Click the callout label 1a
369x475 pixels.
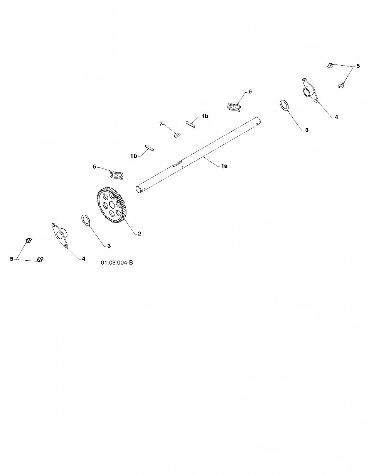pyautogui.click(x=224, y=166)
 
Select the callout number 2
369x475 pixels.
pyautogui.click(x=140, y=234)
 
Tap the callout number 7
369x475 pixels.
pyautogui.click(x=161, y=124)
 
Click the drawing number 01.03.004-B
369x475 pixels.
pyautogui.click(x=117, y=263)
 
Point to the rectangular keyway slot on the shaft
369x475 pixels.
pyautogui.click(x=177, y=164)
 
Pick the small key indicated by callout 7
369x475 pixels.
pyautogui.click(x=177, y=135)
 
